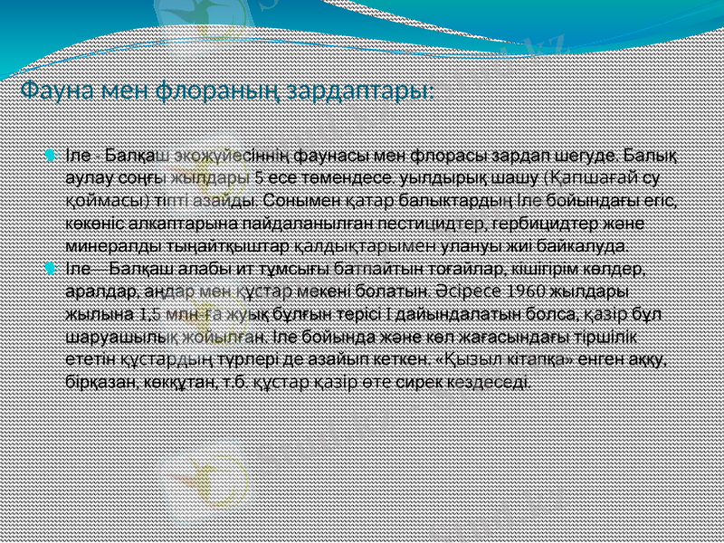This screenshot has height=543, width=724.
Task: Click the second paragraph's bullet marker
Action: pyautogui.click(x=50, y=269)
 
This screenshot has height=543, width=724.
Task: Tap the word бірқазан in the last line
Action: pyautogui.click(x=100, y=382)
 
